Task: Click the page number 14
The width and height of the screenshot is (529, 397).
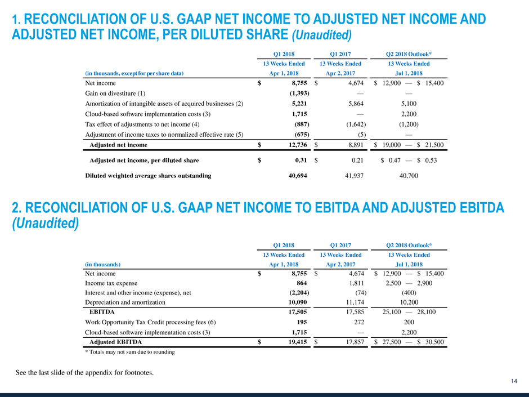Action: point(514,382)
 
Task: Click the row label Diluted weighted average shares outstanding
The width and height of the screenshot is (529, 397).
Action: point(148,176)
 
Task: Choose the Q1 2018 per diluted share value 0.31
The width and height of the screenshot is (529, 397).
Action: point(301,160)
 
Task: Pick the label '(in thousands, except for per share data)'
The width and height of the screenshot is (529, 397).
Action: point(134,73)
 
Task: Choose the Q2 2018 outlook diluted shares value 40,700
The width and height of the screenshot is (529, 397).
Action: point(410,176)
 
